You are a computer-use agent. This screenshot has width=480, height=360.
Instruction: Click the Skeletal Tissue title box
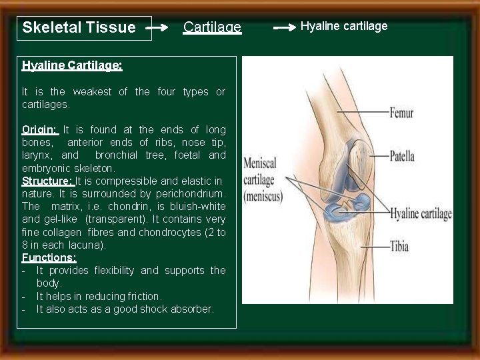tap(83, 28)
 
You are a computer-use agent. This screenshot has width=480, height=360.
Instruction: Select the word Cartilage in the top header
tap(212, 27)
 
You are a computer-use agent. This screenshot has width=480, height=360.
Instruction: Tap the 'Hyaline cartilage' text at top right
tap(344, 26)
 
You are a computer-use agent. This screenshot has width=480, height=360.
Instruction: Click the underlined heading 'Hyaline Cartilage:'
tap(72, 65)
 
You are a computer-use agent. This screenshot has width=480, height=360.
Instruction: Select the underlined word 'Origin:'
tap(40, 129)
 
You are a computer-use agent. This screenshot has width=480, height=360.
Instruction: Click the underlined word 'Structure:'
tap(47, 181)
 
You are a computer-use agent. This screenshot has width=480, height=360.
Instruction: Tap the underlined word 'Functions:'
tap(49, 257)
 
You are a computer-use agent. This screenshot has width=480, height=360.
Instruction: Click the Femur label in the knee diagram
tap(401, 113)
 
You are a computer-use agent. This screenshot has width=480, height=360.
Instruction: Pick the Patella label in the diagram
tap(402, 157)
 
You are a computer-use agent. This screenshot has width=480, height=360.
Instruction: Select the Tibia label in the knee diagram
tap(400, 247)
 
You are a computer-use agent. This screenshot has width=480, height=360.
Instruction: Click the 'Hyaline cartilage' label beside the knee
tap(421, 214)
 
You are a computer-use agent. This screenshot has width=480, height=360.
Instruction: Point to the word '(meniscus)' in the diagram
tap(263, 197)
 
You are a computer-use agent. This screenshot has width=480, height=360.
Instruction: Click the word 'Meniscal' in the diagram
tap(260, 163)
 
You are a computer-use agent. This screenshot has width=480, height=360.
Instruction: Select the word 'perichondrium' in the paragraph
tap(192, 193)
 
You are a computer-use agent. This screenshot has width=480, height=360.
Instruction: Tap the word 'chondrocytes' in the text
tap(179, 232)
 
